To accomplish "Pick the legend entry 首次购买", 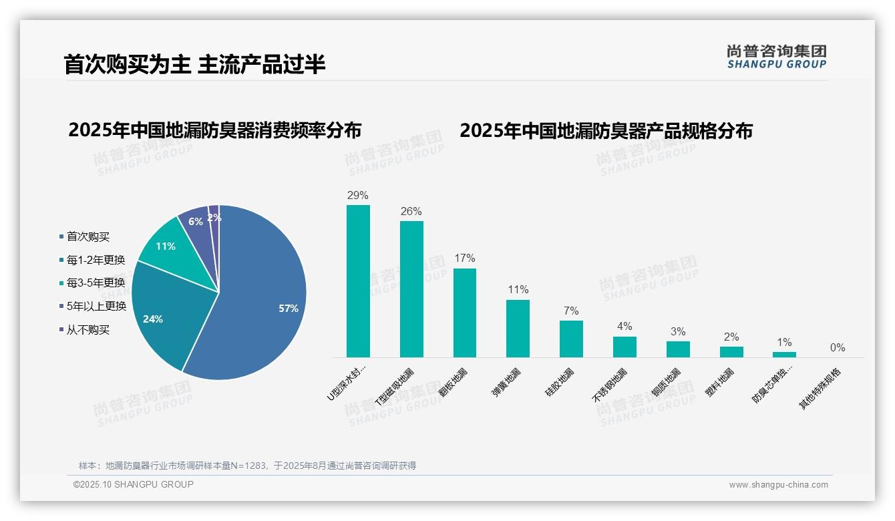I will point(87,236).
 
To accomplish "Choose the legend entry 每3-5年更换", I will point(96,283).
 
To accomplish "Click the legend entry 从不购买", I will point(87,329).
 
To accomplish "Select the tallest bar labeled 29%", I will point(358,281).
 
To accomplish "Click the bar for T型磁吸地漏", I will point(411,289).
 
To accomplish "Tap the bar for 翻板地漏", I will point(465,313).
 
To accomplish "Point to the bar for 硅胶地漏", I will point(571,339).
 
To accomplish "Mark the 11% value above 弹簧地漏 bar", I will point(518,290).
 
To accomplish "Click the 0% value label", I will point(838,348).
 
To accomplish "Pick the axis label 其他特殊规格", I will point(821,389).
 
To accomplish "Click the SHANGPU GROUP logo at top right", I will point(777,57).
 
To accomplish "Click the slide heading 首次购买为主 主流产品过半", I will point(194,65).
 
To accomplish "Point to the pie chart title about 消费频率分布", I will point(214,130).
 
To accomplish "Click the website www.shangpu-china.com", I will point(778,485).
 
